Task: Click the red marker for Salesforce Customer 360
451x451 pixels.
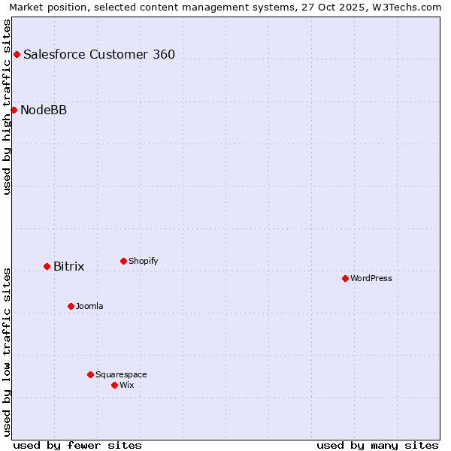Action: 17,54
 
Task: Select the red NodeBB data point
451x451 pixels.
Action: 14,110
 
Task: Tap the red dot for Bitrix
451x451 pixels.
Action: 47,266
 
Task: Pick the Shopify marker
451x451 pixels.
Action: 123,261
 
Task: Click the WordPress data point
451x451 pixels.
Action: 345,278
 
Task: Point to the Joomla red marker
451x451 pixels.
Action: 71,306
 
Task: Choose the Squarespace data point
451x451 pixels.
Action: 90,374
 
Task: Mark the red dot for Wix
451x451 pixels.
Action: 114,385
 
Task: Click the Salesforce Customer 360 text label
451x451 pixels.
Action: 99,54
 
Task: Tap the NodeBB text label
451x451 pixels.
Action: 44,110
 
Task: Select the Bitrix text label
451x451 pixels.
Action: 69,267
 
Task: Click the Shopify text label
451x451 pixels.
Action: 144,261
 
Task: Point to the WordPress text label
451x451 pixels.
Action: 371,278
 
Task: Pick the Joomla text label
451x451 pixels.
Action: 89,306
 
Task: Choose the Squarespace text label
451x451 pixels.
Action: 121,374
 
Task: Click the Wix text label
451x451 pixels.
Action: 127,385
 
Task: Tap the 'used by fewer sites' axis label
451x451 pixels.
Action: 77,445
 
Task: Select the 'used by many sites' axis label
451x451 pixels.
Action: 377,445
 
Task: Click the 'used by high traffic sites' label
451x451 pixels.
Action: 8,107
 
